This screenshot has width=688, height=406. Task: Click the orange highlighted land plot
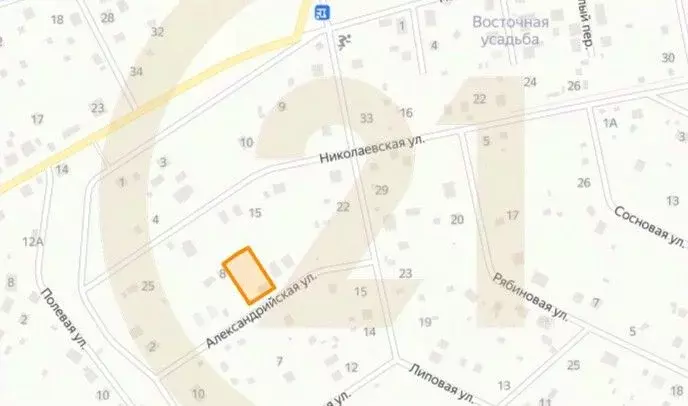click(248, 275)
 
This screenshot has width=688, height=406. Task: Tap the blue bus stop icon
click(321, 11)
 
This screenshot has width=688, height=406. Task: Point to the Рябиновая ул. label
click(530, 296)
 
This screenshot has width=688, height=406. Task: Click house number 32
click(157, 32)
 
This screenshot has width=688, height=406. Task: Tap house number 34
click(136, 71)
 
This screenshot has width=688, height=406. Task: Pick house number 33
click(366, 118)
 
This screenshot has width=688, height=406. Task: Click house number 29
click(380, 190)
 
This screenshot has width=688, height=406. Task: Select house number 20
click(457, 220)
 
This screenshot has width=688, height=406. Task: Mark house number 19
click(424, 322)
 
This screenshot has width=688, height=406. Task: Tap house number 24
click(530, 81)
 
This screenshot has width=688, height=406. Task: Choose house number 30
click(668, 58)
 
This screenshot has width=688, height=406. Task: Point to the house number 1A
click(611, 121)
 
